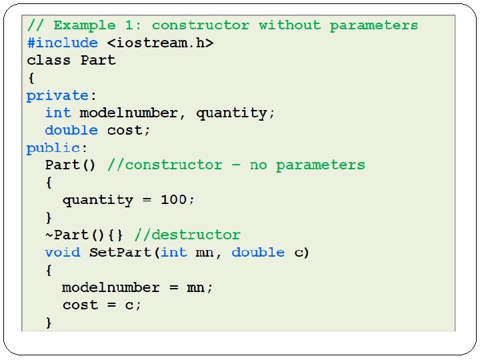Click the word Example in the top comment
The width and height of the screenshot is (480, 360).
pyautogui.click(x=85, y=25)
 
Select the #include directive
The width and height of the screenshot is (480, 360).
pyautogui.click(x=62, y=43)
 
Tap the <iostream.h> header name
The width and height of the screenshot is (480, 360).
pyautogui.click(x=161, y=43)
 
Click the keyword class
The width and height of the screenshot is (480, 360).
pyautogui.click(x=49, y=60)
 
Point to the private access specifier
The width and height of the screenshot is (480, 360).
pyautogui.click(x=57, y=95)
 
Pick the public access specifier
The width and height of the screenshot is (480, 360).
pyautogui.click(x=53, y=147)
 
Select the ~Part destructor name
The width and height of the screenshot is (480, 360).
pyautogui.click(x=67, y=235)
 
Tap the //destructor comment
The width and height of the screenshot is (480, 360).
pyautogui.click(x=187, y=235)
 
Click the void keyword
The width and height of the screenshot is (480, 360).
pyautogui.click(x=62, y=252)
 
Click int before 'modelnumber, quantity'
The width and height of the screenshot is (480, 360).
pyautogui.click(x=58, y=113)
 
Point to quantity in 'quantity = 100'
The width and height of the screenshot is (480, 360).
pyautogui.click(x=98, y=200)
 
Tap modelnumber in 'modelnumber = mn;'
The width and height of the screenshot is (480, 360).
pyautogui.click(x=111, y=287)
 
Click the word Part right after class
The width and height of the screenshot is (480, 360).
pyautogui.click(x=98, y=60)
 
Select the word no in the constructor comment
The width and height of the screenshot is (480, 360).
pyautogui.click(x=258, y=165)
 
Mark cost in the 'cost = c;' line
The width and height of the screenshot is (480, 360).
pyautogui.click(x=80, y=305)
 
